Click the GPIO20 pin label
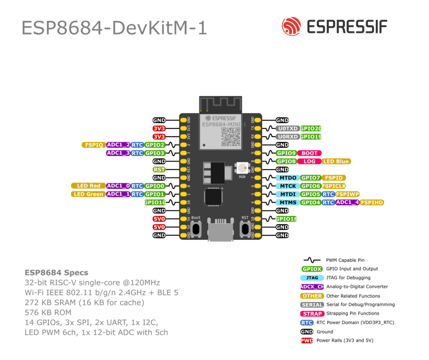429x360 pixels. pyautogui.click(x=311, y=129)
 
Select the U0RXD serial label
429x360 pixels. pyautogui.click(x=287, y=137)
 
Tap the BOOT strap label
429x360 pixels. pyautogui.click(x=310, y=153)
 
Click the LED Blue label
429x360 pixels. pyautogui.click(x=336, y=162)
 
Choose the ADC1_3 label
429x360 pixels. pyautogui.click(x=118, y=153)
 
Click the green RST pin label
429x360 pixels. pyautogui.click(x=159, y=170)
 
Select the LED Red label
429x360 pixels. pyautogui.click(x=88, y=186)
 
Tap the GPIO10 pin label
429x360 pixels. pyautogui.click(x=155, y=203)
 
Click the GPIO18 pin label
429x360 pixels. pyautogui.click(x=287, y=219)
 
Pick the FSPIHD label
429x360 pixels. pyautogui.click(x=372, y=203)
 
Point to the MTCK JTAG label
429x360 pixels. pyautogui.click(x=288, y=186)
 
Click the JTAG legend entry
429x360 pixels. pyautogui.click(x=312, y=278)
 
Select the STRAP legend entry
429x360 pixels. pyautogui.click(x=312, y=314)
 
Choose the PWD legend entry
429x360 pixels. pyautogui.click(x=307, y=341)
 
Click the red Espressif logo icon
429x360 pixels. pyautogui.click(x=292, y=26)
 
